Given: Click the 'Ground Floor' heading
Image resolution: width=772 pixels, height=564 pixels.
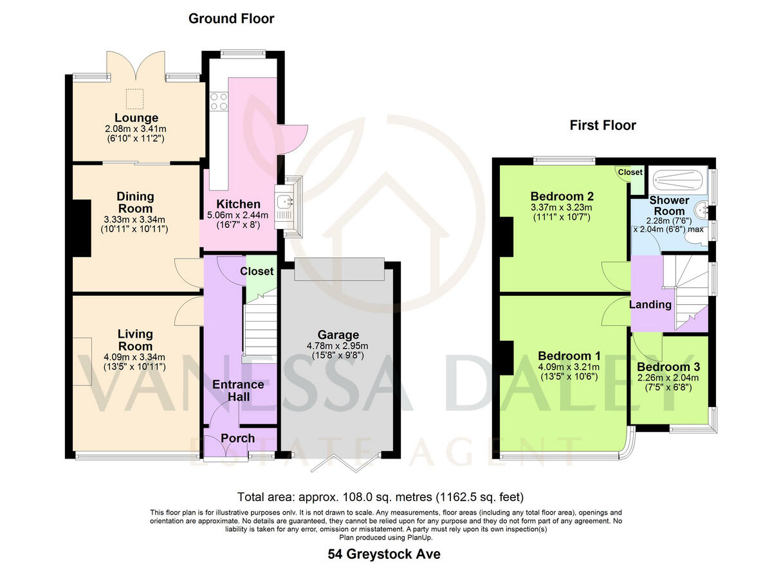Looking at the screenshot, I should [x=231, y=19].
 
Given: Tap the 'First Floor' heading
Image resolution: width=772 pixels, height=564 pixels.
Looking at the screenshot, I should [x=602, y=125].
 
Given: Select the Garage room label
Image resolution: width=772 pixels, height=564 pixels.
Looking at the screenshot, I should [x=338, y=334].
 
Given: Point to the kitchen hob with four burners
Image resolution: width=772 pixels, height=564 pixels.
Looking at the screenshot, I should [x=217, y=101].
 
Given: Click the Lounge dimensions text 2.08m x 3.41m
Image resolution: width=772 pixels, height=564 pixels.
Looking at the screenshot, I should [x=136, y=129].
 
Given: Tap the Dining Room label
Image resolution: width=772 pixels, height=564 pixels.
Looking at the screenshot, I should [x=135, y=202].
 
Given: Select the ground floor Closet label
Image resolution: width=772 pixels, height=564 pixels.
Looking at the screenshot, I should [x=257, y=271].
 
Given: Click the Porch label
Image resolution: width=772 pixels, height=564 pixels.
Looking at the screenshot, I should [x=238, y=438].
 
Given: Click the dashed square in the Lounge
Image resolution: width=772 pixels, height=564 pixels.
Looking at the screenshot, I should [x=135, y=98].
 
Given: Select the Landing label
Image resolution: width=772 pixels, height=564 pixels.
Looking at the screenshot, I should [x=650, y=305].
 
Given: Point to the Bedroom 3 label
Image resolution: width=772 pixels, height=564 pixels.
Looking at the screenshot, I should [x=667, y=367].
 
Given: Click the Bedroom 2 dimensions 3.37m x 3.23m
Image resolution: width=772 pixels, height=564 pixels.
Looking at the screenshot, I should [x=562, y=207].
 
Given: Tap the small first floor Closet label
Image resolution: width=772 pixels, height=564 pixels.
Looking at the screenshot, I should [x=630, y=172].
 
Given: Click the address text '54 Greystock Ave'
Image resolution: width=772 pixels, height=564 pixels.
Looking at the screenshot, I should [x=384, y=554].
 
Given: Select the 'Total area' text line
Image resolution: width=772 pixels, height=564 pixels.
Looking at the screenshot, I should [x=380, y=497].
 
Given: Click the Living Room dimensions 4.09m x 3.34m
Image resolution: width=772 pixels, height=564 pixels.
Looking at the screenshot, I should [x=136, y=357].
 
